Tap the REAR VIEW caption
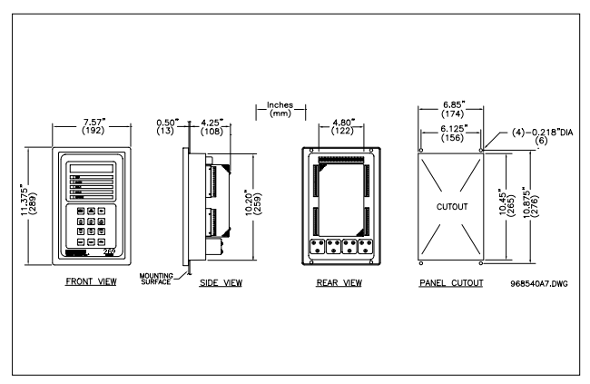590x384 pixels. click(x=339, y=282)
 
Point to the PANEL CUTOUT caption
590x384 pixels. click(x=451, y=282)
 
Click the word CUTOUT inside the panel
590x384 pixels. click(x=451, y=207)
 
